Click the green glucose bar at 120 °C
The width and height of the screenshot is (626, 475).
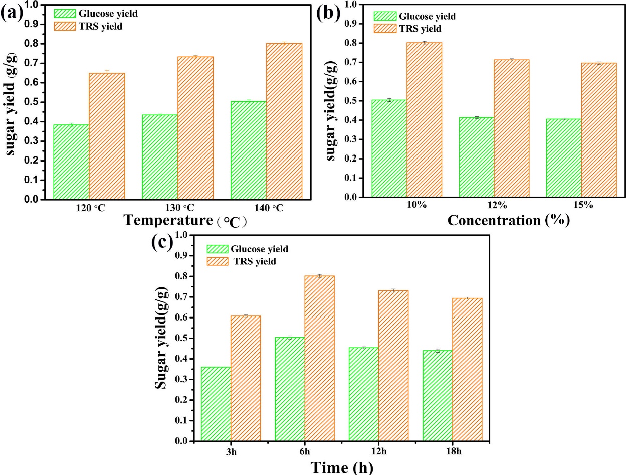[x=71, y=162]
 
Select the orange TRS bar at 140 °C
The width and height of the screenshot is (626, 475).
[x=284, y=121]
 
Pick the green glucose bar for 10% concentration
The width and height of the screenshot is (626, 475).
[x=388, y=148]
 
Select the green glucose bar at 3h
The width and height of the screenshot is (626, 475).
[x=216, y=404]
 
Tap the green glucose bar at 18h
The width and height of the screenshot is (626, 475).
[x=438, y=395]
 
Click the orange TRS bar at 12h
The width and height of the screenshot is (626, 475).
[x=393, y=366]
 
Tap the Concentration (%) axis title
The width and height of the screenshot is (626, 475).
[x=508, y=220]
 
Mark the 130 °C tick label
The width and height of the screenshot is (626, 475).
[x=177, y=208]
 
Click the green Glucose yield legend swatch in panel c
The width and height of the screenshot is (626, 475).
[x=218, y=249]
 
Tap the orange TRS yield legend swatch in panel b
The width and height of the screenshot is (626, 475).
[x=385, y=29]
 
